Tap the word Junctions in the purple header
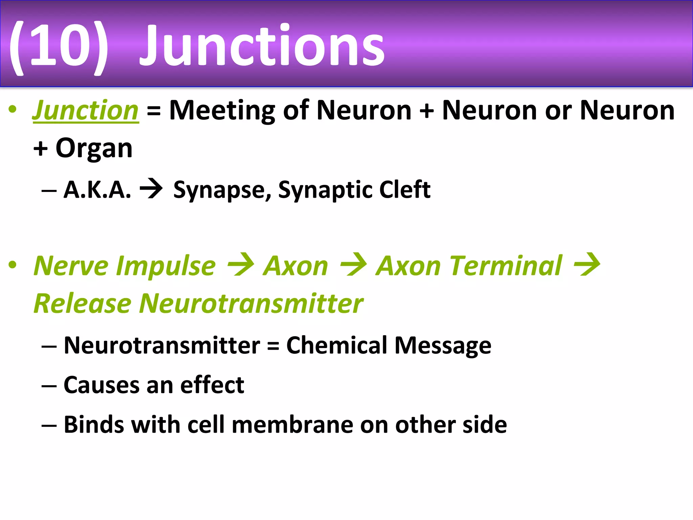(x=262, y=46)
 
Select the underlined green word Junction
(x=86, y=111)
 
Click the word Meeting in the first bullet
(x=222, y=111)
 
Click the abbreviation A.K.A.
(x=97, y=190)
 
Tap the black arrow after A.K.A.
(x=151, y=189)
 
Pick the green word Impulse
(x=165, y=267)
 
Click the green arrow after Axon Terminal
(x=587, y=265)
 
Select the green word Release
(x=83, y=304)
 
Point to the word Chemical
(x=337, y=346)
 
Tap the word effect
(x=212, y=385)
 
